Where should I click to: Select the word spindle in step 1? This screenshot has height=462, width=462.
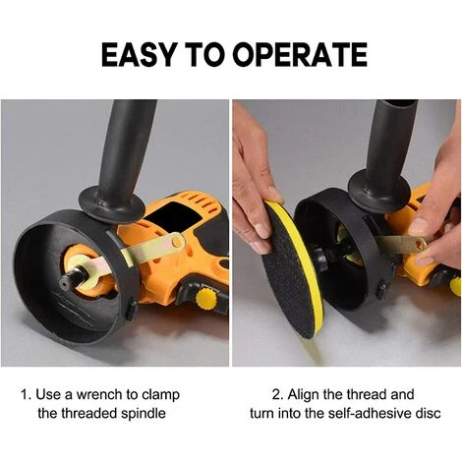point(144,414)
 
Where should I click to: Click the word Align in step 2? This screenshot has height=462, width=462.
point(304,394)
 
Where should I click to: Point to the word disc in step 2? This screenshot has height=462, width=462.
point(428,414)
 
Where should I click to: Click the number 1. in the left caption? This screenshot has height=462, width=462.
point(27,394)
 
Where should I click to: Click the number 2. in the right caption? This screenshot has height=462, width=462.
point(278,394)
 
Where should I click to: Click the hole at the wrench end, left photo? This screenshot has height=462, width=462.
point(177,242)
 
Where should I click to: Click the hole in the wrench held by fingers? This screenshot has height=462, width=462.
point(420,244)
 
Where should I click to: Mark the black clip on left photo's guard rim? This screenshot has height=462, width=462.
point(132,310)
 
